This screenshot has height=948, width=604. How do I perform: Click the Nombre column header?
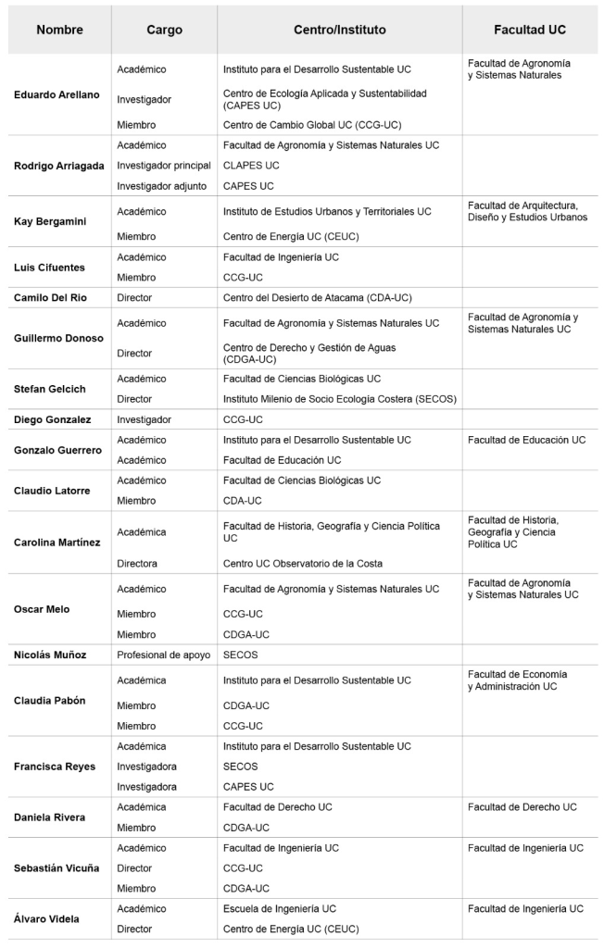point(59,30)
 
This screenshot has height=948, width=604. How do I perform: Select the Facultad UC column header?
point(530,30)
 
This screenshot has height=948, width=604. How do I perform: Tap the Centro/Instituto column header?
point(339,30)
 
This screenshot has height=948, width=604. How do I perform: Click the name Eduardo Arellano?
point(57,94)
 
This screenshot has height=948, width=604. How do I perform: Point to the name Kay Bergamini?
point(51,221)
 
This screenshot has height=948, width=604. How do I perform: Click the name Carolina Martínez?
point(57,542)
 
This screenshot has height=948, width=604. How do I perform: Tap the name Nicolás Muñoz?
point(50,655)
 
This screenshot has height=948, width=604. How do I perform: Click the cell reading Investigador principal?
point(164,165)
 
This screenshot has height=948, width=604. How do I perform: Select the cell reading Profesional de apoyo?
point(164,655)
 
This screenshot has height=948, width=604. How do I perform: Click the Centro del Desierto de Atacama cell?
point(318,297)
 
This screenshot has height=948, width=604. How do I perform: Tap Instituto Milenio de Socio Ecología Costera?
point(340,399)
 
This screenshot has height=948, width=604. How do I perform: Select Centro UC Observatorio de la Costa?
point(303,563)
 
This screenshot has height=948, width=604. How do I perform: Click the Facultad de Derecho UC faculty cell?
point(522,806)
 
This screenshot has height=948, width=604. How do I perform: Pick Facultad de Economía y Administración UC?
point(517,680)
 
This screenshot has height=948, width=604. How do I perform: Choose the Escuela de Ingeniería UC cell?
point(280,908)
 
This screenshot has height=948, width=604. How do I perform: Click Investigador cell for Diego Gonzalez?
point(145,419)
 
